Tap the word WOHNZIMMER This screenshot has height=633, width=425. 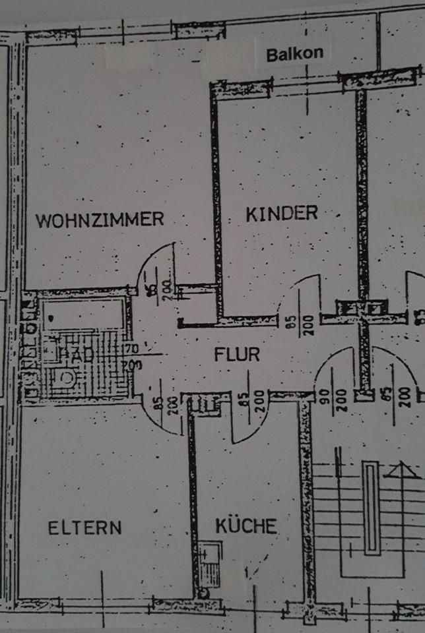pos(100,220)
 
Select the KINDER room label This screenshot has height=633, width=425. pos(282,213)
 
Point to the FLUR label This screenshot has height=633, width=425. pos(237,354)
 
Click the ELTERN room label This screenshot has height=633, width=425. pos(84,527)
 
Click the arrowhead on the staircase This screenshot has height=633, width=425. pos(405,470)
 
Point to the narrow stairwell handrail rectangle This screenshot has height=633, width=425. pos(373,508)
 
